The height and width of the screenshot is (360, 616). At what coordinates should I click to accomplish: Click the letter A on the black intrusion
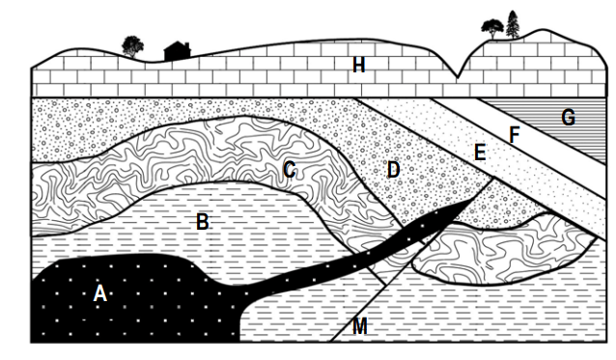coord(99,293)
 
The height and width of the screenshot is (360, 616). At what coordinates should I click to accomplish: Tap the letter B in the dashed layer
coord(203,222)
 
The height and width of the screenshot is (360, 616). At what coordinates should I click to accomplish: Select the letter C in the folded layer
coord(290,171)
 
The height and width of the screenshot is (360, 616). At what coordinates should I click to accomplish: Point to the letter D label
coord(393,170)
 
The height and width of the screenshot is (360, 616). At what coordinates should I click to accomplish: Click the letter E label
coord(480,152)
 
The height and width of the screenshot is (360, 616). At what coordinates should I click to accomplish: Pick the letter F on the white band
coord(515,135)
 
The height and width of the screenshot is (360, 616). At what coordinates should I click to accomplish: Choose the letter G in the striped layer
coord(568,117)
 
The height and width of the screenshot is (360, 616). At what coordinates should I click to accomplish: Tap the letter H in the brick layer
coord(358,65)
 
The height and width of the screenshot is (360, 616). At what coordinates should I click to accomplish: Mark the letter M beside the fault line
coord(360,326)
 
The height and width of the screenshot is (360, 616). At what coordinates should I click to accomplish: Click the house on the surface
coord(178,51)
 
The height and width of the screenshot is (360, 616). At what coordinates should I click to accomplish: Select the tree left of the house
coord(132,46)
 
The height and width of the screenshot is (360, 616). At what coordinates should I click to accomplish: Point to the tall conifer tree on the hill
coord(513,24)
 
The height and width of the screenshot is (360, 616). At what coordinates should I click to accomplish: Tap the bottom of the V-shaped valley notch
coord(457,77)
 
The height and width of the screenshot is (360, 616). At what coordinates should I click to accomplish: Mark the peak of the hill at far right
coord(544,30)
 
